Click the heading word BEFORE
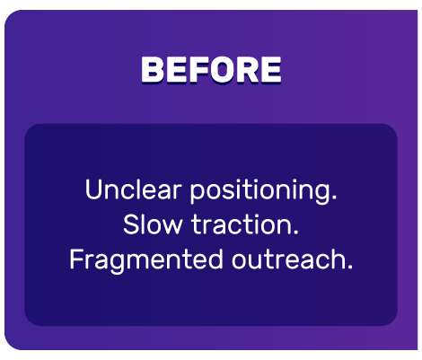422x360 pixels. pos(211,69)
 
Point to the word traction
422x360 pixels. pos(245,224)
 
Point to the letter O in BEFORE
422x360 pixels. pos(221,69)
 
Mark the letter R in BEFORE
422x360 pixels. pos(245,69)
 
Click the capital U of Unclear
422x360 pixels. pos(92,190)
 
